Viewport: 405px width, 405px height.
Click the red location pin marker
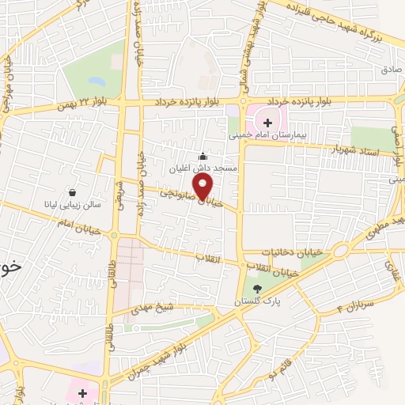203,187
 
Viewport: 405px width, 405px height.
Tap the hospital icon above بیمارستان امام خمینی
267,123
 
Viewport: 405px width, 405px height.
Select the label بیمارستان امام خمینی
268,135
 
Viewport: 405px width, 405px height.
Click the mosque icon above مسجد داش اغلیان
203,157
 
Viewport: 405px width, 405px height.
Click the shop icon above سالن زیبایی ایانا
73,192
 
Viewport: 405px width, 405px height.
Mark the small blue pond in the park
96,81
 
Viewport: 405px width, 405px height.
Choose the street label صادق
391,70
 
